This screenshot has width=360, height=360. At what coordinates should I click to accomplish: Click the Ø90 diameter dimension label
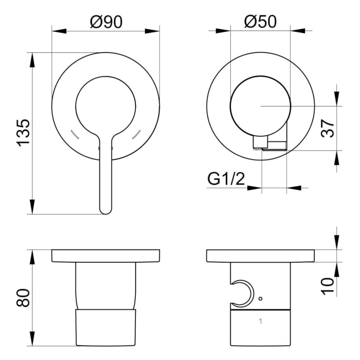click(105, 22)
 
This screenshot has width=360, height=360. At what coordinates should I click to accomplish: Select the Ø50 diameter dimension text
click(260, 22)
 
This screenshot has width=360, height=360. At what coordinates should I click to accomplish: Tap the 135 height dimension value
click(24, 133)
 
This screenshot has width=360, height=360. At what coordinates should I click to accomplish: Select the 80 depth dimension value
click(24, 298)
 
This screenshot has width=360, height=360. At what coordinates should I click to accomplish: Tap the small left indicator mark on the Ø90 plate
click(74, 134)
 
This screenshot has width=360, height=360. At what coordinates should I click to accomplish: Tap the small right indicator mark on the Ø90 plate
click(137, 134)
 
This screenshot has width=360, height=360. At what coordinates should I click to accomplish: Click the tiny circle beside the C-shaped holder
click(261, 298)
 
